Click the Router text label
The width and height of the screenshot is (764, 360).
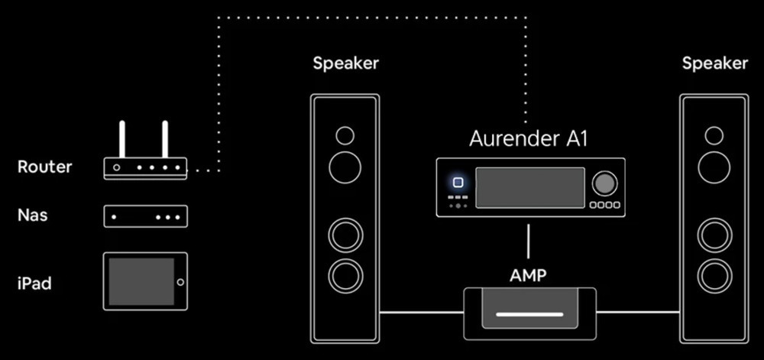44,167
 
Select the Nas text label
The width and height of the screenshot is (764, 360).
33,215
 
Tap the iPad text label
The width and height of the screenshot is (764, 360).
34,283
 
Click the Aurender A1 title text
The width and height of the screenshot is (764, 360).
529,138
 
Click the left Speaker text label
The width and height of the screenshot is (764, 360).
345,63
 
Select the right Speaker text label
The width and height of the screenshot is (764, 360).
714,63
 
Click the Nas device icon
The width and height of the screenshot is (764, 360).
145,216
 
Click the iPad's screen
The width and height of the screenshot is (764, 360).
141,281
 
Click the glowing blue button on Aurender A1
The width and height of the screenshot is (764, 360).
458,183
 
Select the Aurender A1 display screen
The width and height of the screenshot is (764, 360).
530,187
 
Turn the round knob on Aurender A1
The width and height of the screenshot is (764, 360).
604,183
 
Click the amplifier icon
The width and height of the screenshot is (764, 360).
529,312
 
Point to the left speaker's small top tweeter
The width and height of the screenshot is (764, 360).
345,136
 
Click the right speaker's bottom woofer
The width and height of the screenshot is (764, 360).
714,273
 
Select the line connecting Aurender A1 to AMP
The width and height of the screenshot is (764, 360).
529,241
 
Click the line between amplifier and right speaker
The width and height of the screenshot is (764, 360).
638,312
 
